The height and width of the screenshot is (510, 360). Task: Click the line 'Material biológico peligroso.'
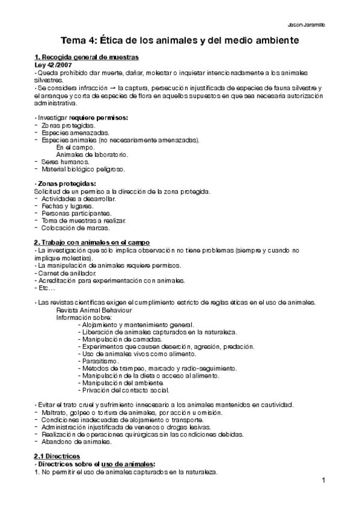(83, 170)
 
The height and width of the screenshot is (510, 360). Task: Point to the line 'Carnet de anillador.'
(62, 272)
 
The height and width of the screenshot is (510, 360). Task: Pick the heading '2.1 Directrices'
(62, 457)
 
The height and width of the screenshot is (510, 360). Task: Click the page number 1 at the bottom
(323, 480)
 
